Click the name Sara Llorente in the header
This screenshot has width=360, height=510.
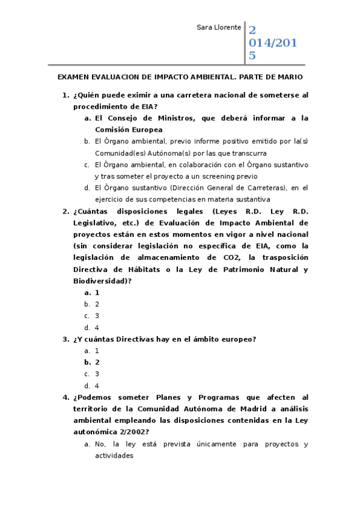pyautogui.click(x=219, y=28)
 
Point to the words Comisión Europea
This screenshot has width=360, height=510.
pyautogui.click(x=129, y=129)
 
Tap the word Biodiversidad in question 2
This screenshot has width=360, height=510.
pyautogui.click(x=100, y=281)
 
